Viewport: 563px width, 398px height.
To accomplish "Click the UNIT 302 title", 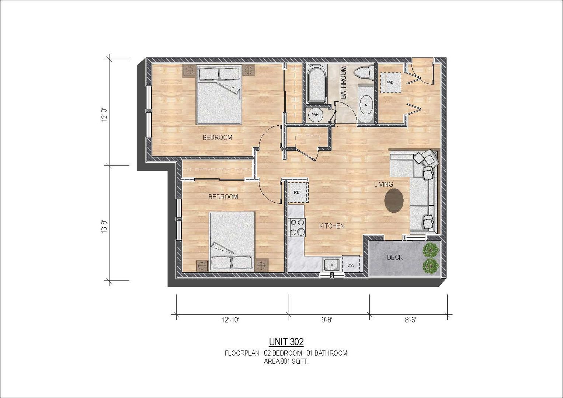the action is point(286,342).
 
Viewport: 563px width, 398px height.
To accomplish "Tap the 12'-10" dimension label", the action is point(230,320).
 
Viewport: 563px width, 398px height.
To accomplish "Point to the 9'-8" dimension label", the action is point(327,320).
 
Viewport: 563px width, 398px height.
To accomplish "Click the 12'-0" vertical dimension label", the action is point(104,115).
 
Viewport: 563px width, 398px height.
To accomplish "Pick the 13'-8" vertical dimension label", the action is point(104,227).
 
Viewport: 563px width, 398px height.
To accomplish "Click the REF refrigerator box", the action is point(298,192).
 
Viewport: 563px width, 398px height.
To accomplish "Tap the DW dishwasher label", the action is point(351,265).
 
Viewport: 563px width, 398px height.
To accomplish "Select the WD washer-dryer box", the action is point(390,83).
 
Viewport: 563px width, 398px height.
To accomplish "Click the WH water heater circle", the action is point(315,115).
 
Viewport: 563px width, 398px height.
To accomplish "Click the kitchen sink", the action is point(332,265).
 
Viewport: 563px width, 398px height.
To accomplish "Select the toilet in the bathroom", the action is point(364,72).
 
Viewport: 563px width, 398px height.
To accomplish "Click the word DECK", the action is point(395,258).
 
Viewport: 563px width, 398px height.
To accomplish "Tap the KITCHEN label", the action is point(332,226).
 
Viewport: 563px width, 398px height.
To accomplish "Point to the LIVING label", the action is point(383,184).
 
